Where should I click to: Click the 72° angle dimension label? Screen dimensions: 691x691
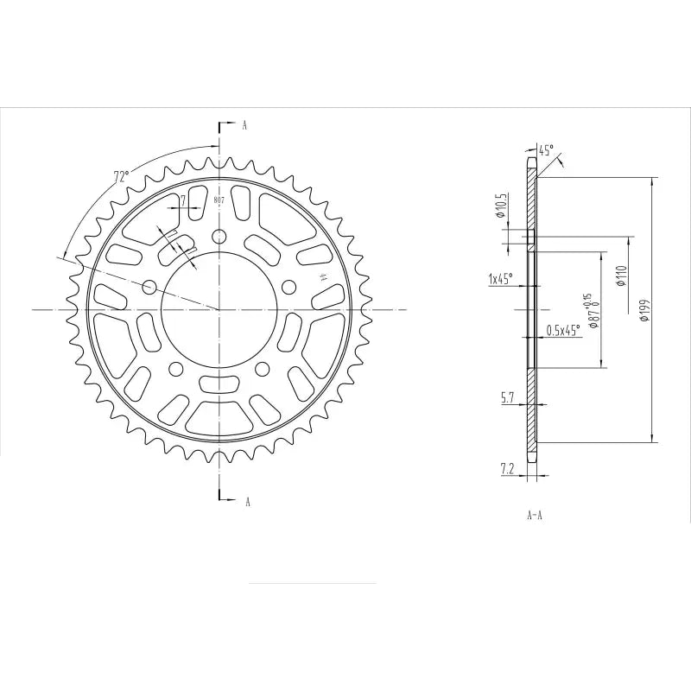(x=121, y=177)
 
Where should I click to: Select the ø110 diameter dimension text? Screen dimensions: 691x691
(x=620, y=276)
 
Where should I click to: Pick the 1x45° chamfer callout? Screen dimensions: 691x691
(x=500, y=279)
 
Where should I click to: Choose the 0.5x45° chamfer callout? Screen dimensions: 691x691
(x=564, y=330)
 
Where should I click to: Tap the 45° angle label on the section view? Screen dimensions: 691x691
(x=546, y=149)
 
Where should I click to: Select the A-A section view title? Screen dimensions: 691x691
(x=534, y=516)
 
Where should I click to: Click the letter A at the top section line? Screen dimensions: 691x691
(x=244, y=126)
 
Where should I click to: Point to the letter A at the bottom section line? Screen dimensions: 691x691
(x=247, y=501)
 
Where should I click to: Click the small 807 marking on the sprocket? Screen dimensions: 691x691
(x=219, y=200)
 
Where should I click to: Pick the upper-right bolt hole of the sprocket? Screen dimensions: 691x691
(x=289, y=286)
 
